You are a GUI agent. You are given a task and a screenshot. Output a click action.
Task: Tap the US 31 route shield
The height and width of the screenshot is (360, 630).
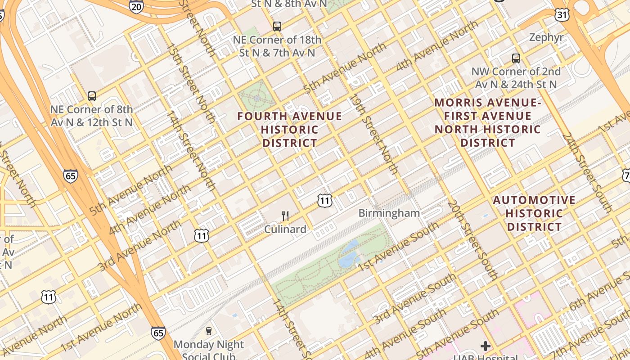coord(562,14)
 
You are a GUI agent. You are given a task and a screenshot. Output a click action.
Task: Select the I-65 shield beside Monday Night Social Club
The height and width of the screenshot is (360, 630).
coord(158,333)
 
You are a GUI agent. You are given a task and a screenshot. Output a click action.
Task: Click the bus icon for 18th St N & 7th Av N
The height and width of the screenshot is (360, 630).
coord(277,27)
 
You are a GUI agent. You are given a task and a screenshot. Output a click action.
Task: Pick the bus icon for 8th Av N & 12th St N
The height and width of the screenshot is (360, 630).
coord(92,96)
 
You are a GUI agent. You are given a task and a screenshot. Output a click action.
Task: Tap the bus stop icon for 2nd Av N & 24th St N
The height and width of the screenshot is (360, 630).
coord(516,58)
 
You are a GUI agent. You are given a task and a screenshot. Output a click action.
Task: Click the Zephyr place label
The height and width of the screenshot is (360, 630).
coord(546,37)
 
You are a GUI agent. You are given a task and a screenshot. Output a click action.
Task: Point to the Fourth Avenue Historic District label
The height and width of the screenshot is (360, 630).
coord(290,130)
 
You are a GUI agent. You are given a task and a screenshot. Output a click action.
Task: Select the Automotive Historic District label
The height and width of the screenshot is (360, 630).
coord(534,213)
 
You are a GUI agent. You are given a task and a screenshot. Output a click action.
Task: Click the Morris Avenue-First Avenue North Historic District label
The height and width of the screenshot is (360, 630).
coord(488,123)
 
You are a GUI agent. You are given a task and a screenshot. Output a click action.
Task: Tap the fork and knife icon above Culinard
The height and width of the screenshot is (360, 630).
coord(285,216)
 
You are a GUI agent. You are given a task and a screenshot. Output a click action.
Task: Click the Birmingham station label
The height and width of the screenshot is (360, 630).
coord(389,213)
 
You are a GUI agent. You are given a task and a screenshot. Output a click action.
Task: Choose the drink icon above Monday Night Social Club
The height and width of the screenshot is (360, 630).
coord(208,331)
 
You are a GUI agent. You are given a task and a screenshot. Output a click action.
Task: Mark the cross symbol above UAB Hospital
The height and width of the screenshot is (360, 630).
coord(485,346)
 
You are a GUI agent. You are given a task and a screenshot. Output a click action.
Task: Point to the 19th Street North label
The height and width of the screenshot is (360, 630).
coord(375,134)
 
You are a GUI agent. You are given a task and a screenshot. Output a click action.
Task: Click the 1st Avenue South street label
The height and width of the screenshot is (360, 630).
coord(398,247)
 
